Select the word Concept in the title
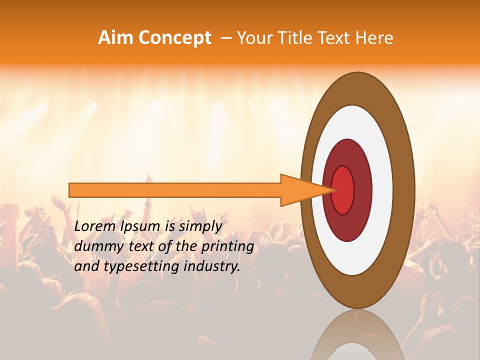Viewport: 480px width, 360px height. [175, 38]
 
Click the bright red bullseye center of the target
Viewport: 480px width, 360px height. [343, 190]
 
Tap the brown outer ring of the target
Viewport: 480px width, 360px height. [403, 190]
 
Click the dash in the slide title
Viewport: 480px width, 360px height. [225, 38]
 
